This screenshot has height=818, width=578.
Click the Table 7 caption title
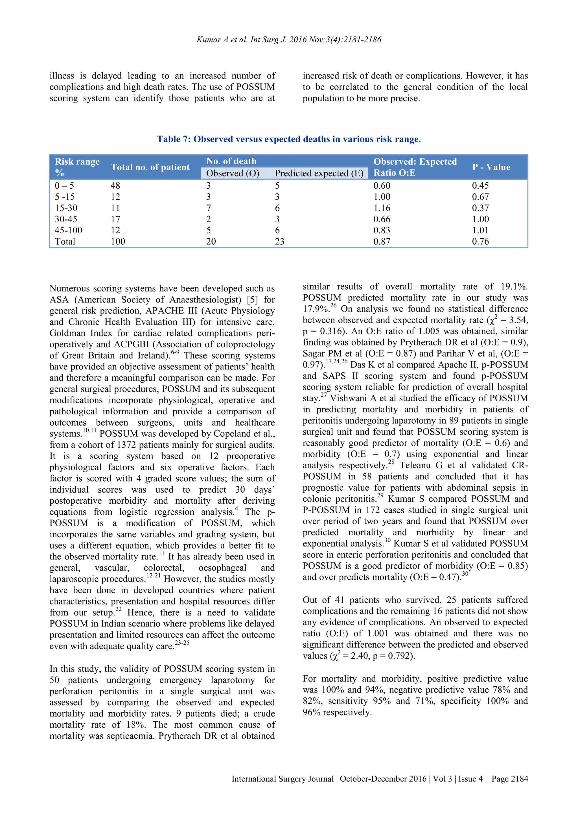pos(289,139)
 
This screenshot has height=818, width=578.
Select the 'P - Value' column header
pos(491,167)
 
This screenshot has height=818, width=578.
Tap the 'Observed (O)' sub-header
pos(232,173)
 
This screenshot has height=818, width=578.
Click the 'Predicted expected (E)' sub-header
pos(319,173)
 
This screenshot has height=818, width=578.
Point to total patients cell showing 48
pos(115,186)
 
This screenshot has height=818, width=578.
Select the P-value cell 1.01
pos(480,230)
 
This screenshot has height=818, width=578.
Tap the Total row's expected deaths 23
pos(279,242)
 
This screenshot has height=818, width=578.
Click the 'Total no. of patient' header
pos(150,167)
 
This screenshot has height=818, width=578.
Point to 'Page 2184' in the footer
pos(510,779)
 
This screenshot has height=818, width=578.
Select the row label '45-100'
pos(68,230)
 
